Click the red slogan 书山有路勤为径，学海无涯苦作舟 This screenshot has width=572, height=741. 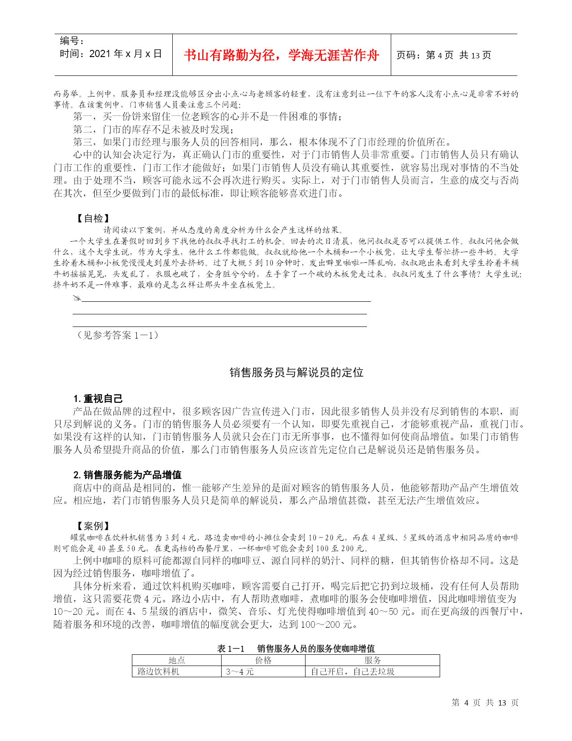281,55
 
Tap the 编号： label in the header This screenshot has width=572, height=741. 72,41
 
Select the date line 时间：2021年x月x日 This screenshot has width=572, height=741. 111,54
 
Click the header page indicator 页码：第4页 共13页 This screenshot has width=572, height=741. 443,55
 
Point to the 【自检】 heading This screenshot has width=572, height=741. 92,218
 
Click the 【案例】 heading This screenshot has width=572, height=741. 92,526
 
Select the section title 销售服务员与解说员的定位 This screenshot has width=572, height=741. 297,372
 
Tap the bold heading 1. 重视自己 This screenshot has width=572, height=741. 98,398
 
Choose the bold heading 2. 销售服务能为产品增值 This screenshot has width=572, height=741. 127,475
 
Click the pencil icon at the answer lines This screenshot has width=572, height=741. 77,298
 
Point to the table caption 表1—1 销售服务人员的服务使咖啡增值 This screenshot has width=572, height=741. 296,648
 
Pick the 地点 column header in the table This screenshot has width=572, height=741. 176,660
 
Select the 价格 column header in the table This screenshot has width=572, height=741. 263,660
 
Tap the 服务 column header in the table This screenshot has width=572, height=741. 372,660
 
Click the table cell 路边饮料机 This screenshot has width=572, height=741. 158,671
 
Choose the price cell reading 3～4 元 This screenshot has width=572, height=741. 240,671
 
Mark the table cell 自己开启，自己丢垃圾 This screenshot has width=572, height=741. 353,671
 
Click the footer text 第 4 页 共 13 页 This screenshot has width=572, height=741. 485,703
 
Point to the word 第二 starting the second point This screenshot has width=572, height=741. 83,129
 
